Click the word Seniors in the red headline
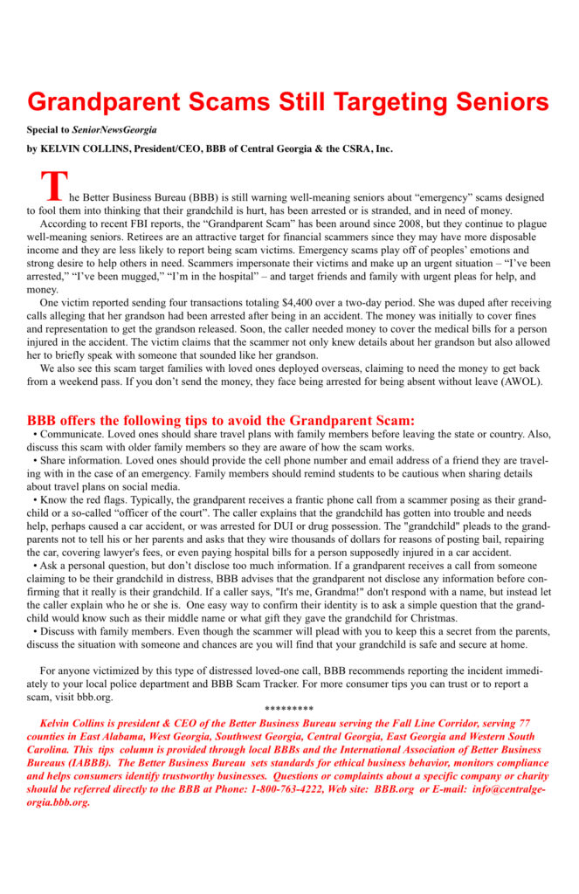(x=493, y=102)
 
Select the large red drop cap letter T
(x=53, y=187)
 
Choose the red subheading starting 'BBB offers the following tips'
(x=221, y=420)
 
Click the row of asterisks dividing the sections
(x=288, y=708)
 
